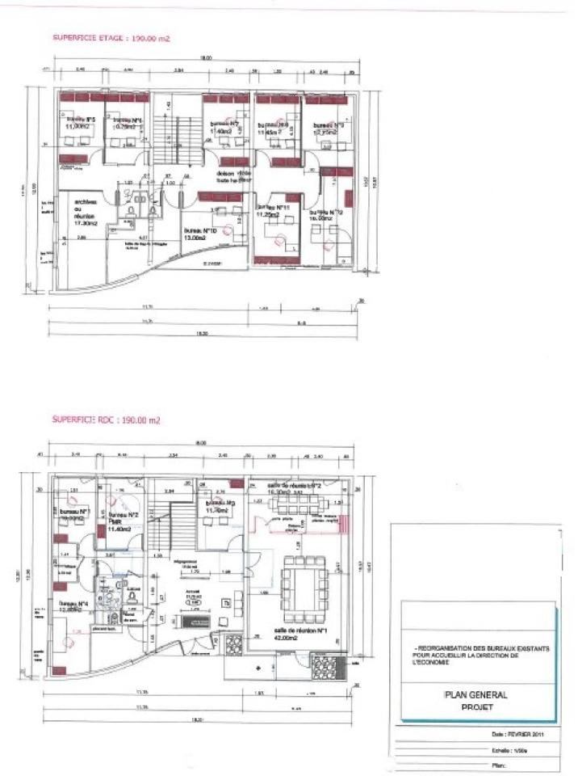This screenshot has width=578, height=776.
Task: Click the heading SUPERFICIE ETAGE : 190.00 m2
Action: point(111,38)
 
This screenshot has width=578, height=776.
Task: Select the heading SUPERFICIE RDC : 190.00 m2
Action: point(107,420)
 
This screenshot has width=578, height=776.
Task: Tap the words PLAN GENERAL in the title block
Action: point(474,694)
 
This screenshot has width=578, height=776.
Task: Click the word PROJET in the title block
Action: point(474,706)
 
